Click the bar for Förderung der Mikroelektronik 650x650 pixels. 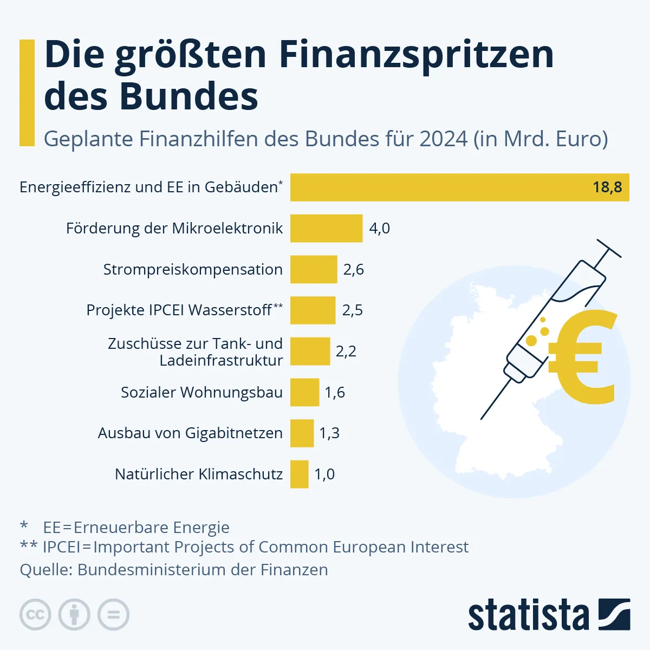pyautogui.click(x=326, y=228)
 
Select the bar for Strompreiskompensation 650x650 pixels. pyautogui.click(x=314, y=269)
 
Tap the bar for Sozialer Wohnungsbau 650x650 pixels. pyautogui.click(x=304, y=392)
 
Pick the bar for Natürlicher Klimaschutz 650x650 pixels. pyautogui.click(x=299, y=474)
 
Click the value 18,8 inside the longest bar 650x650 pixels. pyautogui.click(x=607, y=187)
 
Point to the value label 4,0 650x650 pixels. pyautogui.click(x=379, y=228)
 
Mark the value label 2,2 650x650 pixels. pyautogui.click(x=346, y=352)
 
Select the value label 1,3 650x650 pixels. pyautogui.click(x=329, y=433)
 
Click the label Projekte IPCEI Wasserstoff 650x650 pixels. pyautogui.click(x=179, y=310)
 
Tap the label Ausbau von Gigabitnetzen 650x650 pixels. pyautogui.click(x=190, y=433)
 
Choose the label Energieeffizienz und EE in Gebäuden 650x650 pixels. pyautogui.click(x=148, y=187)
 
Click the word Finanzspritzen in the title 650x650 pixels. pyautogui.click(x=417, y=54)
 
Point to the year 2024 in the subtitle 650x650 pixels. pyautogui.click(x=443, y=139)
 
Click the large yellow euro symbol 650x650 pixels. pyautogui.click(x=583, y=357)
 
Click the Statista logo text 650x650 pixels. pyautogui.click(x=528, y=615)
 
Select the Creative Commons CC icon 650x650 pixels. pyautogui.click(x=35, y=615)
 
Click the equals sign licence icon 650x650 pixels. pyautogui.click(x=113, y=615)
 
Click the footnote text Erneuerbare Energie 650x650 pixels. pyautogui.click(x=151, y=527)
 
